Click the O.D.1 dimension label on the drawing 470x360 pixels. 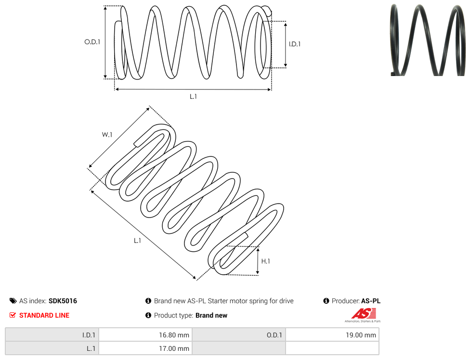[92, 42]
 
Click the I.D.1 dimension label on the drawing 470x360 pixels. [295, 44]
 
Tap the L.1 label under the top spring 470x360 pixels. [193, 96]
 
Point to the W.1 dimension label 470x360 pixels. [107, 135]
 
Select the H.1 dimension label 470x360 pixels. [265, 261]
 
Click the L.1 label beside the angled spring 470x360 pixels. [137, 241]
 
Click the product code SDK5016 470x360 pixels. [63, 301]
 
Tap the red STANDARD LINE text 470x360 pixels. [44, 315]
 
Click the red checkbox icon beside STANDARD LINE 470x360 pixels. [13, 315]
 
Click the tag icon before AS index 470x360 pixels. [13, 301]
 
